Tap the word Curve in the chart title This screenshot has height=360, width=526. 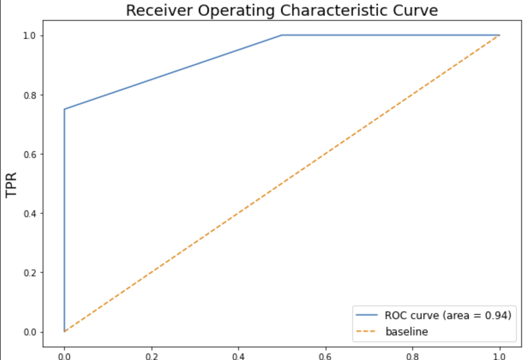pyautogui.click(x=420, y=11)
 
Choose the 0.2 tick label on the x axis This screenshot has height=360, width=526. pyautogui.click(x=152, y=354)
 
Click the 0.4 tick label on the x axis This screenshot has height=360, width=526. pyautogui.click(x=238, y=354)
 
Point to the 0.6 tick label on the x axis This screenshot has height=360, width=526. pyautogui.click(x=326, y=354)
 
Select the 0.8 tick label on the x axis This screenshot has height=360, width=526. pyautogui.click(x=413, y=354)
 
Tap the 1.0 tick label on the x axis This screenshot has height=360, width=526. pyautogui.click(x=500, y=354)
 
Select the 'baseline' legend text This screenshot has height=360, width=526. pyautogui.click(x=407, y=331)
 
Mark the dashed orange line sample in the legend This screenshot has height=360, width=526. pyautogui.click(x=367, y=331)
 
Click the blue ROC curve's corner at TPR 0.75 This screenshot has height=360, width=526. pyautogui.click(x=64, y=109)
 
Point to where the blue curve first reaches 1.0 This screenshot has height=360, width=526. pyautogui.click(x=282, y=35)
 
